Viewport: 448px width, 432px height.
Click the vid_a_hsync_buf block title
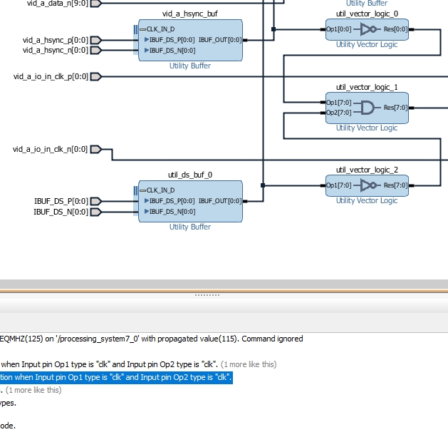[189, 14]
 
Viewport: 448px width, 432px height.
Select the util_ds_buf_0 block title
[189, 174]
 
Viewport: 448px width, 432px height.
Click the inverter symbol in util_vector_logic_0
[368, 30]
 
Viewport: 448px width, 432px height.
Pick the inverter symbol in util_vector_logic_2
[368, 185]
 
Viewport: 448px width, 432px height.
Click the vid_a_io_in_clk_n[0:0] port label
[50, 149]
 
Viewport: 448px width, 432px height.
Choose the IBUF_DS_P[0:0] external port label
[61, 201]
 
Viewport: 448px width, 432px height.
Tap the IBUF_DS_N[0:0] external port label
[61, 211]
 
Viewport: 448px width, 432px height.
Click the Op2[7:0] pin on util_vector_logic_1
[338, 113]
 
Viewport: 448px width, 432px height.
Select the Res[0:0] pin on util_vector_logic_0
[396, 30]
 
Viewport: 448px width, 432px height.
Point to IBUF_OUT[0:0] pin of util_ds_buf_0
[220, 201]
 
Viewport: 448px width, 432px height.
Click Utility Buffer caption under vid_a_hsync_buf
[189, 66]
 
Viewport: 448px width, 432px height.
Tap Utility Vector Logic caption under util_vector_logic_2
[366, 201]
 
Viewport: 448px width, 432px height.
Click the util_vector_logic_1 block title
[367, 87]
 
